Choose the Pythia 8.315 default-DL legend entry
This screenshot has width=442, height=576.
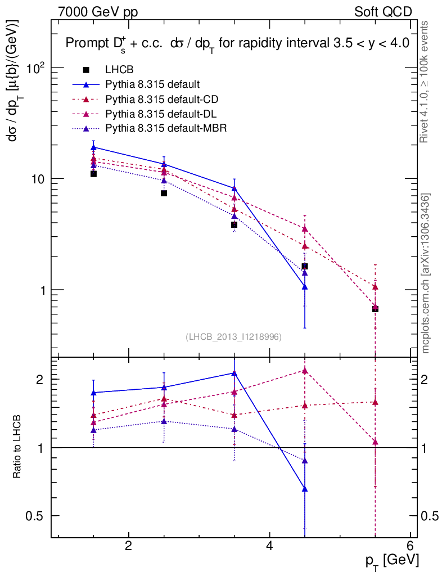(161, 114)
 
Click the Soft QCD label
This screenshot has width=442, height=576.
(383, 12)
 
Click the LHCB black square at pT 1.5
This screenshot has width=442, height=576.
(93, 174)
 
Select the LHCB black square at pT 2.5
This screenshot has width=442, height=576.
(164, 193)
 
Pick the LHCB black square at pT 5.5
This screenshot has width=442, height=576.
(375, 309)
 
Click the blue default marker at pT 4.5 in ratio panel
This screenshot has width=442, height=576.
(305, 489)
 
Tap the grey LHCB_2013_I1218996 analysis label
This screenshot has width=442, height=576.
(233, 336)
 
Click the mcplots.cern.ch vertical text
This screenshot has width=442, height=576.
(426, 273)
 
